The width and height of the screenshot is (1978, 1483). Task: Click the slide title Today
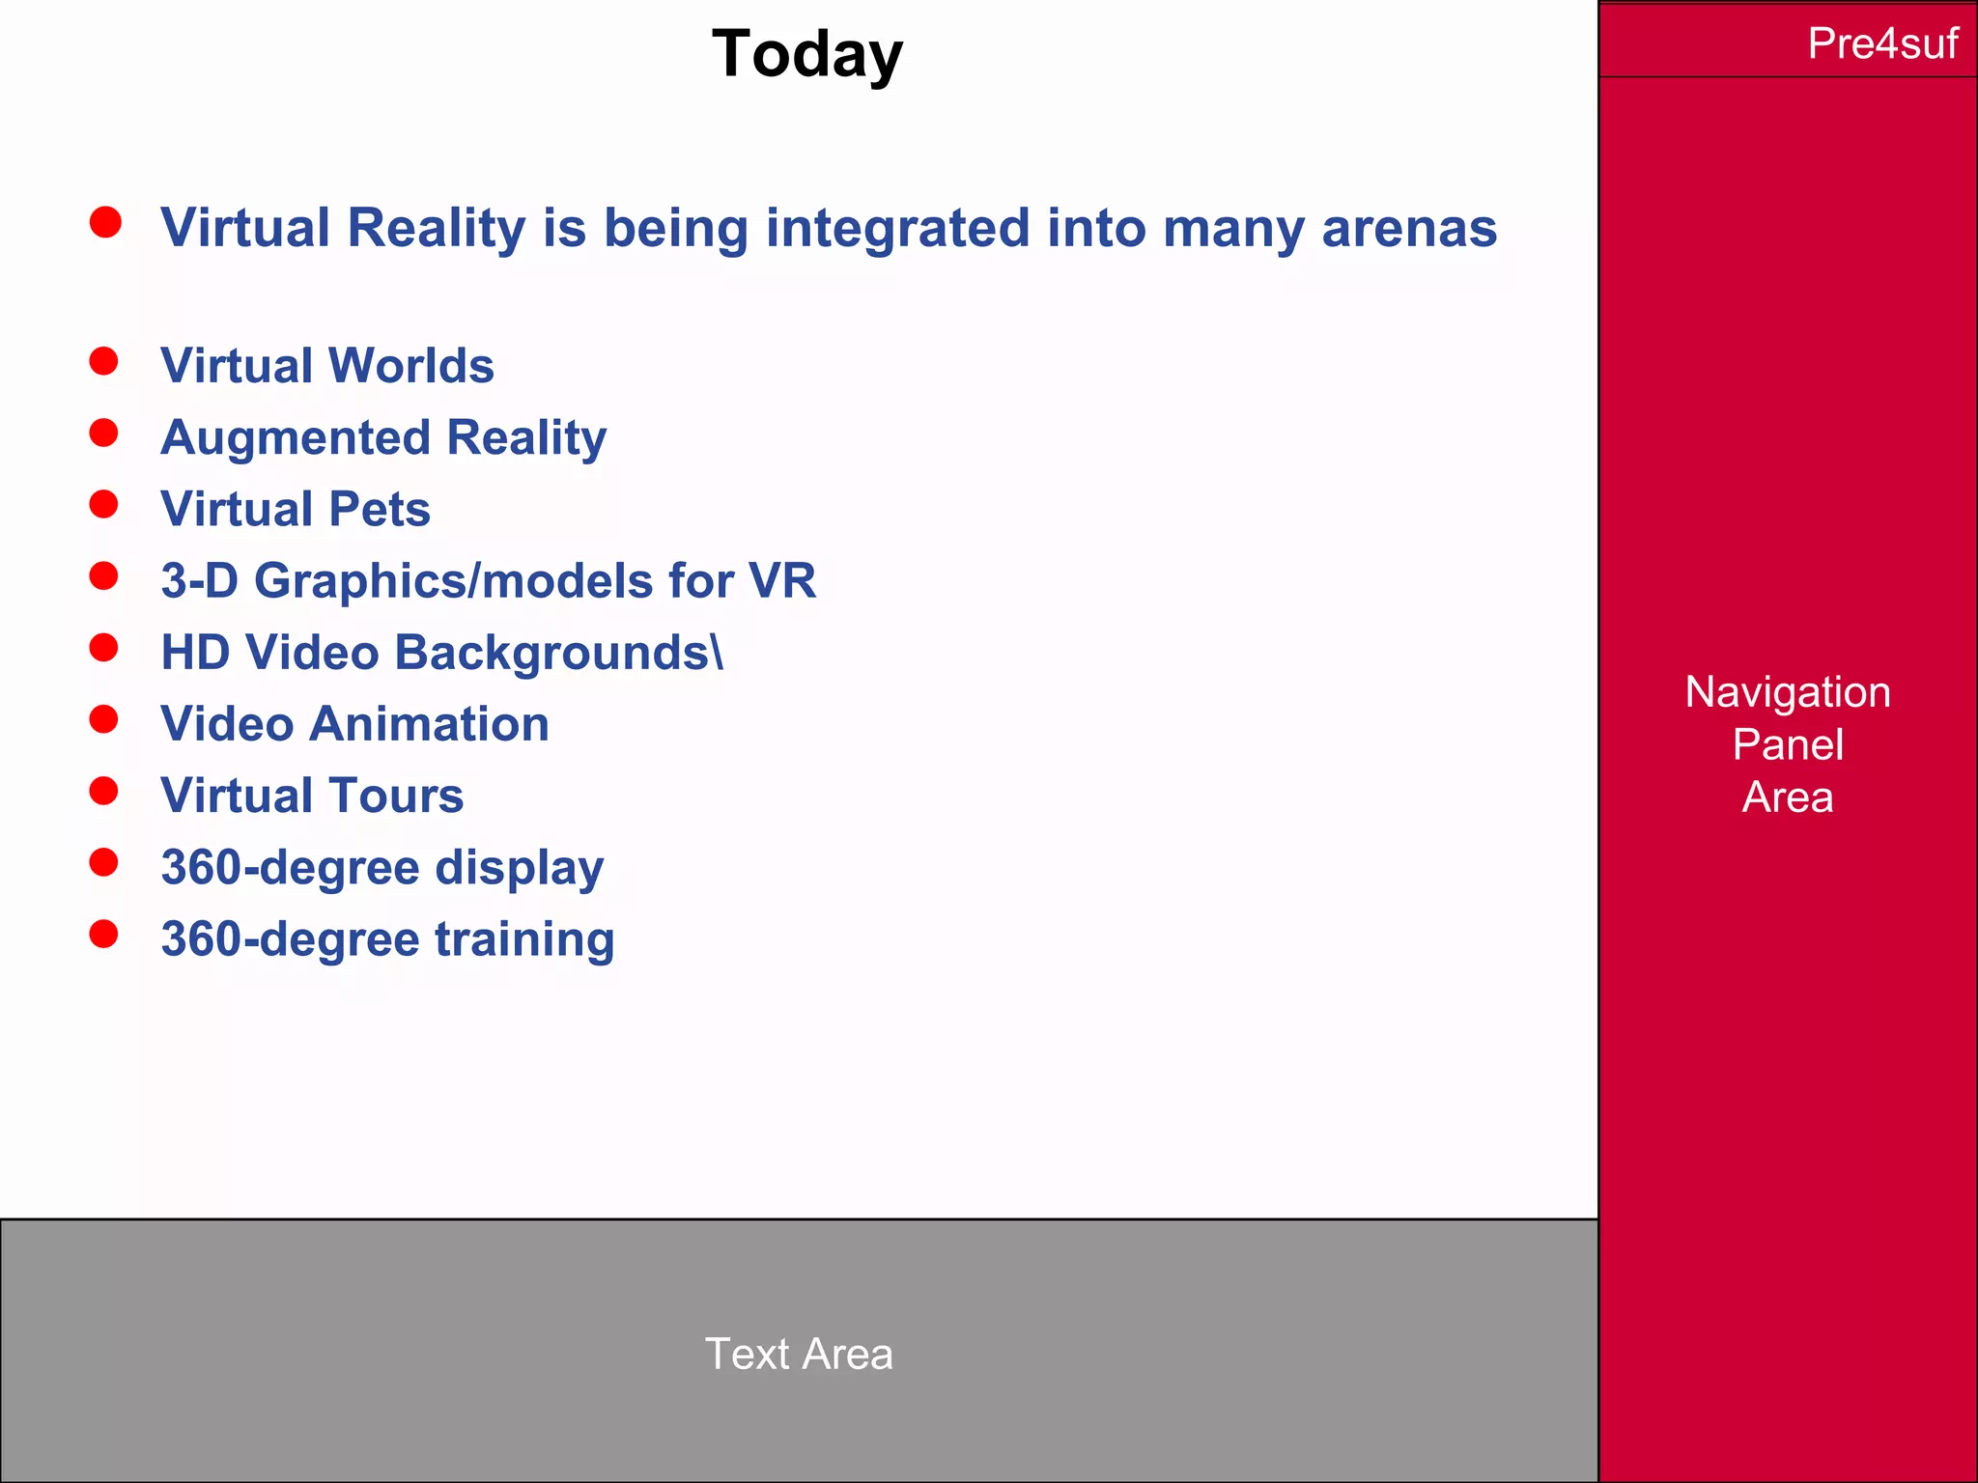click(806, 54)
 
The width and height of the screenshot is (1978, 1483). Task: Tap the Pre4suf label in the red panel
click(1881, 43)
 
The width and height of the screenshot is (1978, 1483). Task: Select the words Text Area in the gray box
click(799, 1354)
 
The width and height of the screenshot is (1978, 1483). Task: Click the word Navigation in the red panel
click(1788, 692)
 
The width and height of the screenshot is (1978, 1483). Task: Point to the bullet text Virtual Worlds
click(327, 366)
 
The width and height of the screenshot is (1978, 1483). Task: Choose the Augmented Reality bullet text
click(383, 437)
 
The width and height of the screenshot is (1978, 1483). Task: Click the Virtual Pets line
click(296, 509)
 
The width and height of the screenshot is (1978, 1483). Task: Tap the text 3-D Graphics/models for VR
click(488, 580)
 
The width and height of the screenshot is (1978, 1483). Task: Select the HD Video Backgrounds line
click(435, 653)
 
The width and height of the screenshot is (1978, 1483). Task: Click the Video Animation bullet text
click(354, 724)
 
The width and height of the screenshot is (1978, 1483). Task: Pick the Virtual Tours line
click(312, 796)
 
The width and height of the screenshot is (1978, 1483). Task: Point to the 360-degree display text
click(382, 867)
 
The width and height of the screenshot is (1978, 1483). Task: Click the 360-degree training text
click(387, 938)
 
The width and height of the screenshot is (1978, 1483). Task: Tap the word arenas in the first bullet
click(1408, 229)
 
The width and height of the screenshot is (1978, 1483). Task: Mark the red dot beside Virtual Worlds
click(103, 361)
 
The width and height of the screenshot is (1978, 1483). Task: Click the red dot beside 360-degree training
click(103, 934)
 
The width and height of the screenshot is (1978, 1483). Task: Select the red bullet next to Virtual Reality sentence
click(105, 222)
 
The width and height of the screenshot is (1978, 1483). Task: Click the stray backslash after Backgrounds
click(717, 653)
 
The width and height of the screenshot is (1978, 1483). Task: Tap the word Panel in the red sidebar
click(1788, 744)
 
